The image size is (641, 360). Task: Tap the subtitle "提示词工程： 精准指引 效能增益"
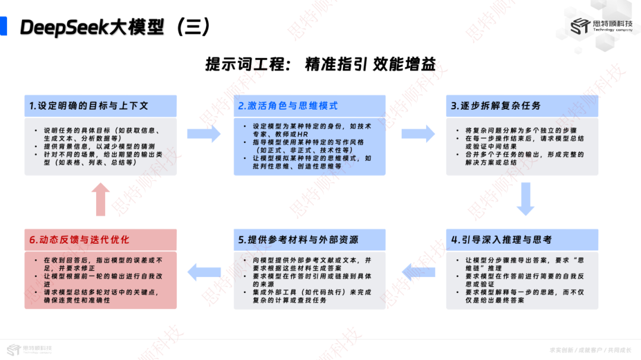tap(320, 64)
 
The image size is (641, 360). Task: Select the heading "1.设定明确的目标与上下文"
tap(89, 106)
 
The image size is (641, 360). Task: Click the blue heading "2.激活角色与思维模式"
tap(288, 106)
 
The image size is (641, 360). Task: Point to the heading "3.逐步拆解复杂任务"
tap(496, 106)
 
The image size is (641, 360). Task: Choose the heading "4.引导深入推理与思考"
tap(502, 240)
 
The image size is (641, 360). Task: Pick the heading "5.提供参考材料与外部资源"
tap(298, 240)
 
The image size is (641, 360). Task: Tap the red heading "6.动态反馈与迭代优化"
tap(80, 240)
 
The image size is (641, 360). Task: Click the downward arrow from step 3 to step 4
tap(525, 199)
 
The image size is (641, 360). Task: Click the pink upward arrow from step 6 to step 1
tap(100, 199)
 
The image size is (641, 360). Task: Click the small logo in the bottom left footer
tap(29, 349)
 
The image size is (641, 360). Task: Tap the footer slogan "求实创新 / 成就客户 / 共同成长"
tap(591, 351)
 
